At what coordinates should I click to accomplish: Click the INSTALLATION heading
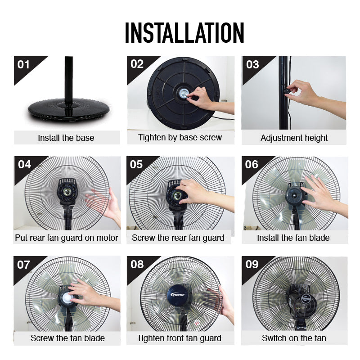184,33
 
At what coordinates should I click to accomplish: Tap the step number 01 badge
23,65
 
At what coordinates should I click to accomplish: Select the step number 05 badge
136,165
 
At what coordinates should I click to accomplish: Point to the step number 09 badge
252,264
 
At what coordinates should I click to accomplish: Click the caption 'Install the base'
66,138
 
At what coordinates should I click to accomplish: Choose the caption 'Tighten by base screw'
180,138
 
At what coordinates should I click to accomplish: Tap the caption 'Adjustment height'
294,138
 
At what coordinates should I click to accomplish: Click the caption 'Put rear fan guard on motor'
67,238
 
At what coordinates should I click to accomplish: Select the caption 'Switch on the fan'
294,338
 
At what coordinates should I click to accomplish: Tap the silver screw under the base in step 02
184,93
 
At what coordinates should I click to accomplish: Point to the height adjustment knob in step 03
287,92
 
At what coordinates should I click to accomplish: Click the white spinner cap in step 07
67,298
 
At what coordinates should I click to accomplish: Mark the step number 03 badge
252,65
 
